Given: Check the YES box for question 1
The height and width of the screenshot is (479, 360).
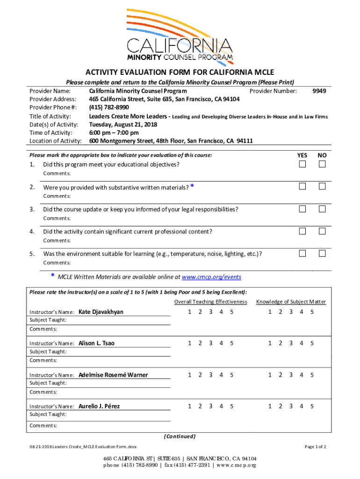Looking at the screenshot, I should (x=302, y=164).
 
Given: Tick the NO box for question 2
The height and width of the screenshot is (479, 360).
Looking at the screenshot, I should (x=322, y=187).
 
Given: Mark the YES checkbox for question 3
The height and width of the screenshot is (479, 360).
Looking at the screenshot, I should (x=302, y=209).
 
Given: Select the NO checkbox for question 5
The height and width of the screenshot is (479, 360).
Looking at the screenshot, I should (x=322, y=253).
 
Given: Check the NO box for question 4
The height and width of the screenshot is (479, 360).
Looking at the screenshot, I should (x=322, y=231).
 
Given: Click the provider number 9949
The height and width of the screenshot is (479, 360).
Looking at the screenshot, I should (x=319, y=91).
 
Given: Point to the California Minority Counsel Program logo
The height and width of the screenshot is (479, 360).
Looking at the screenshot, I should (x=180, y=37).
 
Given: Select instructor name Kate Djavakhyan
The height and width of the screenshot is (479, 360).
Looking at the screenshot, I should (x=101, y=312).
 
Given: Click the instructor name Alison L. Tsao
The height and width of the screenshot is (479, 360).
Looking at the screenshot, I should (x=96, y=343).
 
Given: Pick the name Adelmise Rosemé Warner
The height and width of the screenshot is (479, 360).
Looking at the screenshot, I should (x=113, y=375).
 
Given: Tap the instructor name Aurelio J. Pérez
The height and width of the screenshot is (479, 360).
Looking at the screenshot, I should (x=99, y=406).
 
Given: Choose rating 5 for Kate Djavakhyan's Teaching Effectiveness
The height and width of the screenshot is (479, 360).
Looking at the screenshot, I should (x=231, y=312).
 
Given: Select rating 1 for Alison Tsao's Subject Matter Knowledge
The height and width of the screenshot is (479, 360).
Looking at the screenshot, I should (x=270, y=343).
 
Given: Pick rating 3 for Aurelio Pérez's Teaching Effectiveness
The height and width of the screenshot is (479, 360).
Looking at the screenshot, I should (x=210, y=406).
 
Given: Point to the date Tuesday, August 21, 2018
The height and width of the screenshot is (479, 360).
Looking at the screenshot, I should (x=123, y=124).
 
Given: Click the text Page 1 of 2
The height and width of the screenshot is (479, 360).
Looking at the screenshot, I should (x=316, y=447).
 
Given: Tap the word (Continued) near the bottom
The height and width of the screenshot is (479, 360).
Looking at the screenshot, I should (x=180, y=436).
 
